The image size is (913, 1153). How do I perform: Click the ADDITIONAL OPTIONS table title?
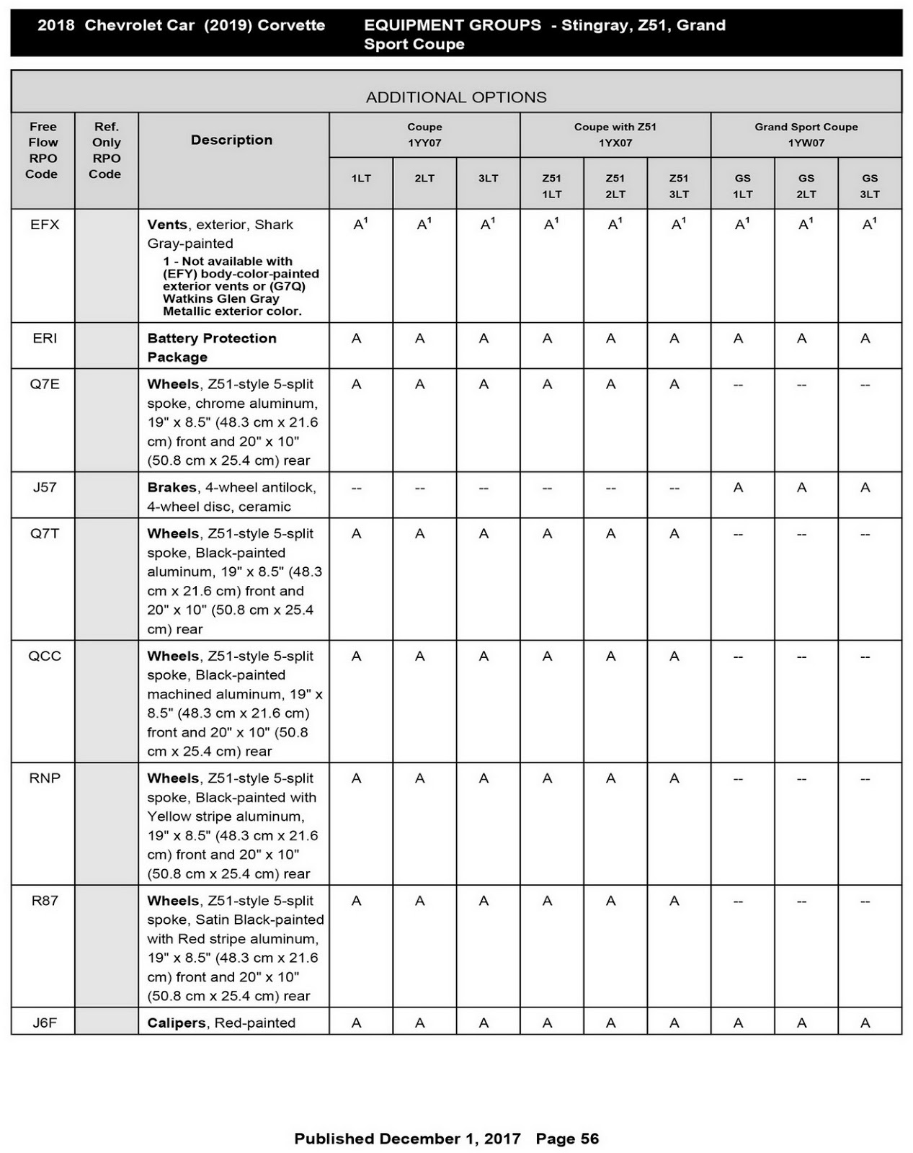pyautogui.click(x=456, y=97)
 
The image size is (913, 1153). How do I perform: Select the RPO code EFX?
pyautogui.click(x=45, y=225)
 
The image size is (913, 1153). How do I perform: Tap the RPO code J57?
pyautogui.click(x=45, y=487)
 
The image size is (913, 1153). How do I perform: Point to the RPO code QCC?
pyautogui.click(x=45, y=656)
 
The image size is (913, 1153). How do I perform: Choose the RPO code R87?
pyautogui.click(x=45, y=901)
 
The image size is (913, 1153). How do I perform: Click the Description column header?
pyautogui.click(x=231, y=140)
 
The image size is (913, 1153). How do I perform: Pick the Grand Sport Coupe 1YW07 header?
pyautogui.click(x=806, y=135)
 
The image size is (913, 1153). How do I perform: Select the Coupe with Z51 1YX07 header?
pyautogui.click(x=615, y=135)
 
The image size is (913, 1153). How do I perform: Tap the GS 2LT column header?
pyautogui.click(x=806, y=186)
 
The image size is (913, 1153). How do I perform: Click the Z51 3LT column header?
pyautogui.click(x=679, y=186)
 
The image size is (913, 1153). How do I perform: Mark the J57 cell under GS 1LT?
pyautogui.click(x=739, y=488)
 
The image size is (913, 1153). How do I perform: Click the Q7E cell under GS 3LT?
pyautogui.click(x=865, y=385)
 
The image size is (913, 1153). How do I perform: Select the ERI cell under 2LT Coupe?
pyautogui.click(x=420, y=339)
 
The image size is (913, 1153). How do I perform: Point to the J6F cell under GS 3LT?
pyautogui.click(x=865, y=1023)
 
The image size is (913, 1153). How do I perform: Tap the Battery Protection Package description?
pyautogui.click(x=212, y=347)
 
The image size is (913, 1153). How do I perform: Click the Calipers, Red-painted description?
pyautogui.click(x=221, y=1023)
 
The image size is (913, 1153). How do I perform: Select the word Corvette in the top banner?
pyautogui.click(x=291, y=25)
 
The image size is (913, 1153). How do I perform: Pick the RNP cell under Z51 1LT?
pyautogui.click(x=548, y=778)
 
